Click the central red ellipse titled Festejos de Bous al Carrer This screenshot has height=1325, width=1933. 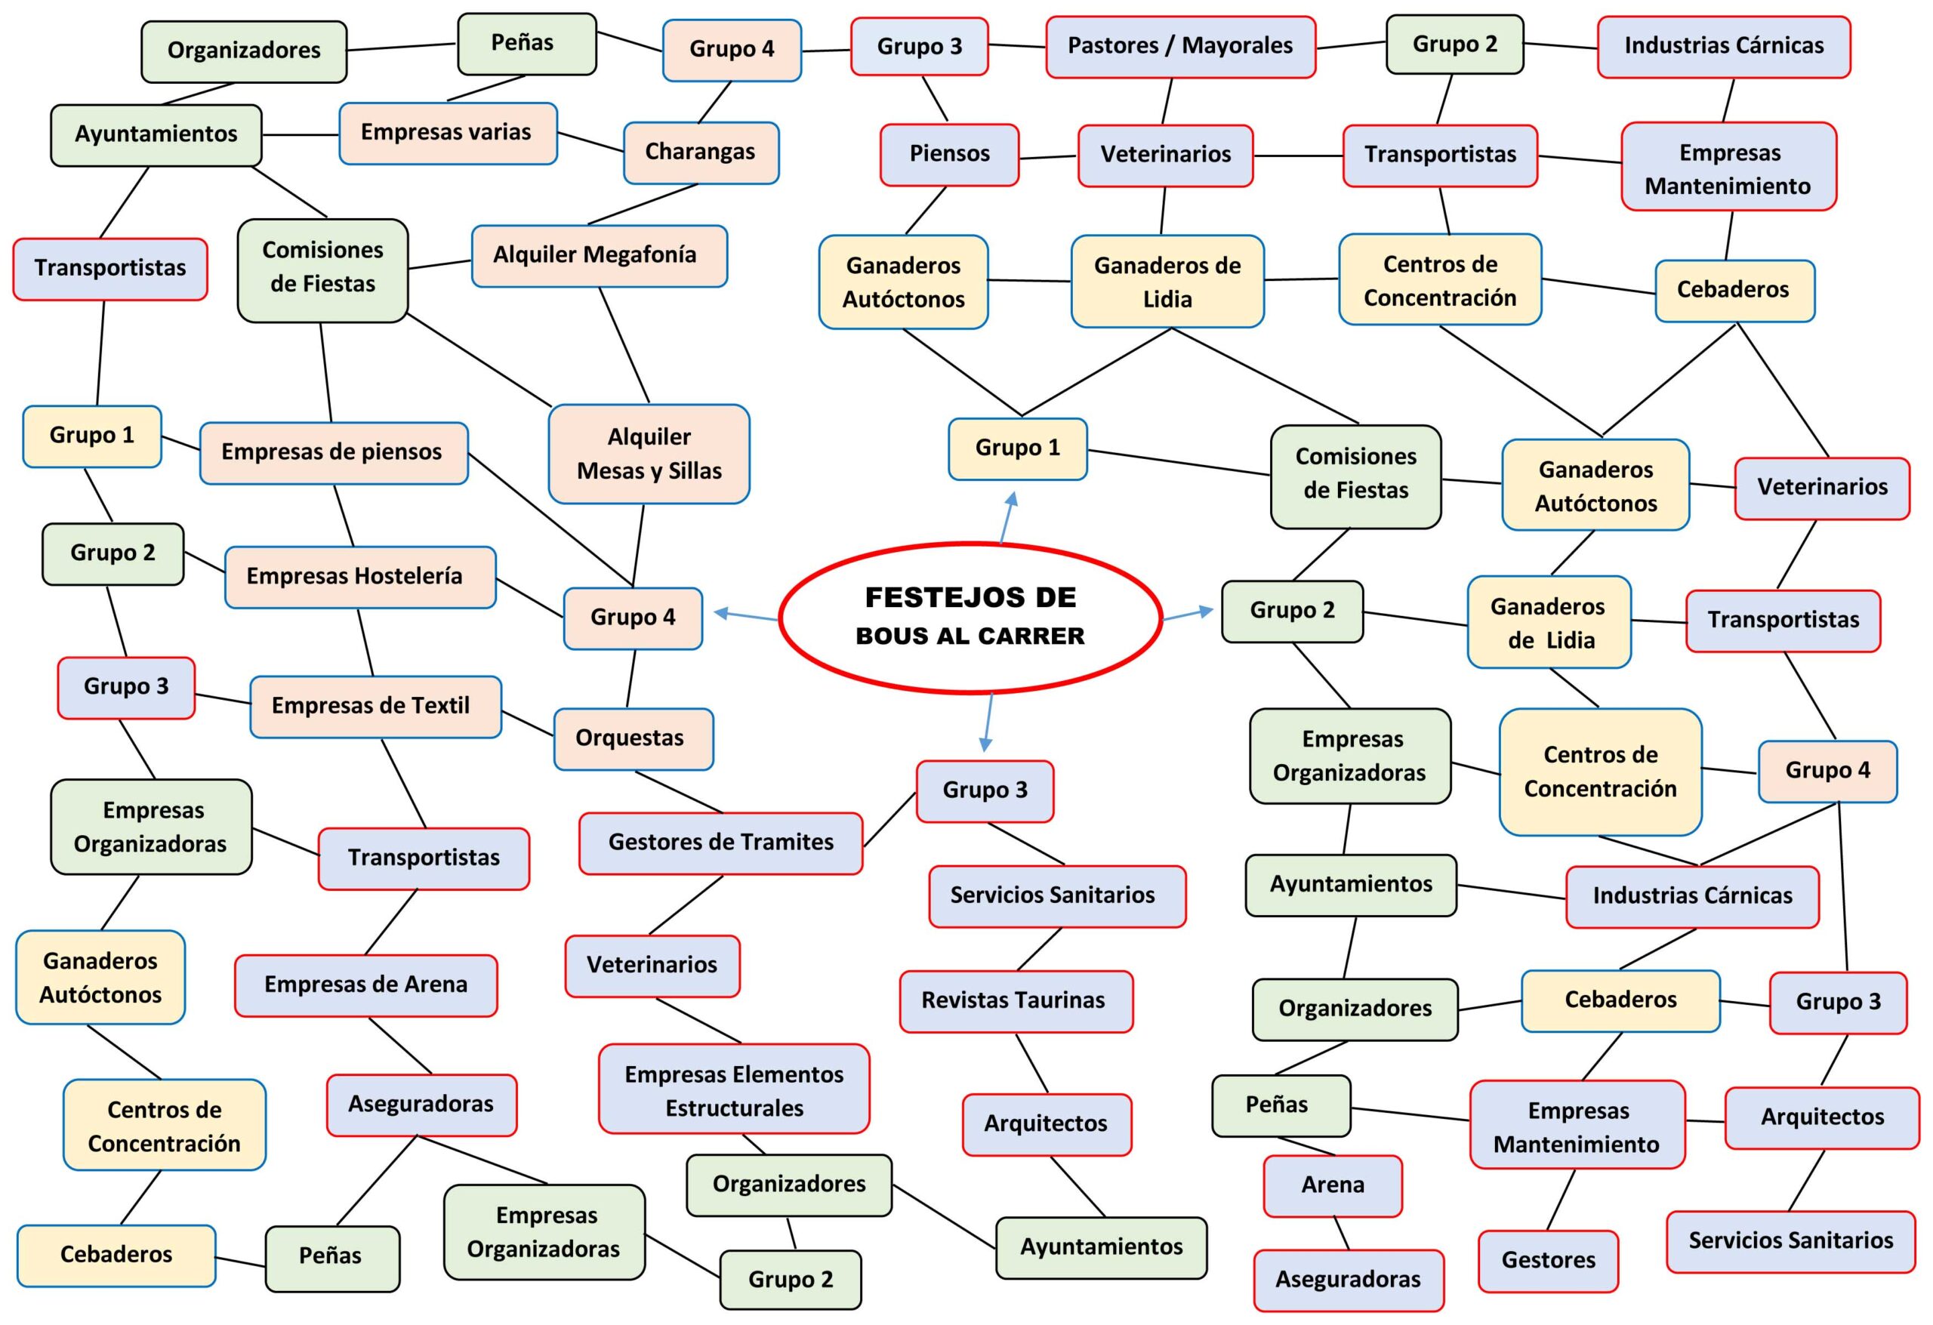click(x=970, y=616)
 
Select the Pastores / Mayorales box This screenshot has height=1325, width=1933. click(x=1180, y=47)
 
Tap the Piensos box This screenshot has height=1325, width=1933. click(x=949, y=154)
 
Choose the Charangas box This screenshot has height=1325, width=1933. click(x=701, y=153)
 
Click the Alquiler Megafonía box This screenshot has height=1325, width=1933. click(x=599, y=255)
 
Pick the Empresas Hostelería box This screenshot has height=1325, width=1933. click(x=360, y=576)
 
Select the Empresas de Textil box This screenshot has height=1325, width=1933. click(x=375, y=706)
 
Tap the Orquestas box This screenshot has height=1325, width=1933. click(x=633, y=738)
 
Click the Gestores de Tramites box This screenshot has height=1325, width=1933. click(x=720, y=843)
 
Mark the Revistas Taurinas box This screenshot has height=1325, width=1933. click(x=1016, y=1000)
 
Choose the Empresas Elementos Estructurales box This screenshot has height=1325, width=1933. click(x=734, y=1090)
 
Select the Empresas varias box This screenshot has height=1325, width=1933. click(x=448, y=133)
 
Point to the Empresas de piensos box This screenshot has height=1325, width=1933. click(x=333, y=452)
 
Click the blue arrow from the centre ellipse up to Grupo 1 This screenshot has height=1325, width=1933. click(x=1007, y=517)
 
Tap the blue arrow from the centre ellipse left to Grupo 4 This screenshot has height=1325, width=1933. click(x=745, y=615)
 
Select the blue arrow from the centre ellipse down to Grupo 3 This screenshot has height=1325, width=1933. click(x=988, y=721)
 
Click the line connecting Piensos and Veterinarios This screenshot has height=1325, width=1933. click(x=1048, y=156)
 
